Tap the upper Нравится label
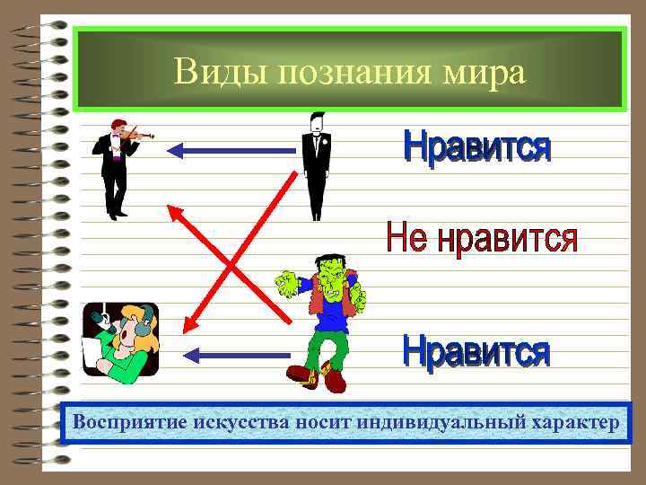pyautogui.click(x=476, y=147)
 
